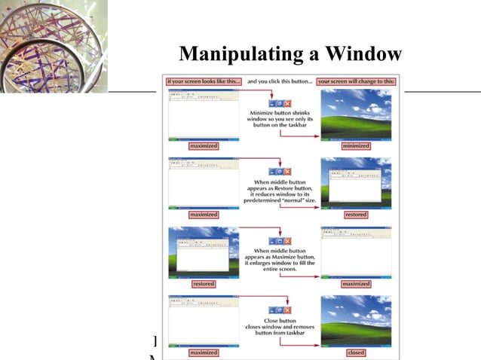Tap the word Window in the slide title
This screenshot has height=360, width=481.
point(365,55)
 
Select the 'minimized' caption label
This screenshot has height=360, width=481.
point(356,146)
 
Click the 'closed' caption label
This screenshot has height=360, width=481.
point(356,352)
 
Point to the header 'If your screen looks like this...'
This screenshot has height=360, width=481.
point(204,81)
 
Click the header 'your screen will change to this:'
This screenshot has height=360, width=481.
point(355,81)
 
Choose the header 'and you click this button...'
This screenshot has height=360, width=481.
point(279,81)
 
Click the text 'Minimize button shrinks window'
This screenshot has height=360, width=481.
point(280,116)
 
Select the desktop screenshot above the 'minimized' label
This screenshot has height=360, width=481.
point(356,113)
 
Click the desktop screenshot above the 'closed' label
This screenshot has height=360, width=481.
point(356,320)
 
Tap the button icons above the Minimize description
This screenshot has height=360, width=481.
point(280,103)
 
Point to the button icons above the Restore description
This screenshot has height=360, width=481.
point(280,172)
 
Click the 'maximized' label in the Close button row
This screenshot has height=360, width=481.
point(204,352)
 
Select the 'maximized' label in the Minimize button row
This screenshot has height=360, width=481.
point(204,146)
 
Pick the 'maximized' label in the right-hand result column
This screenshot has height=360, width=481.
point(356,284)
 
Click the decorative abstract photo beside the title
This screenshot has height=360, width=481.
point(53,45)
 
